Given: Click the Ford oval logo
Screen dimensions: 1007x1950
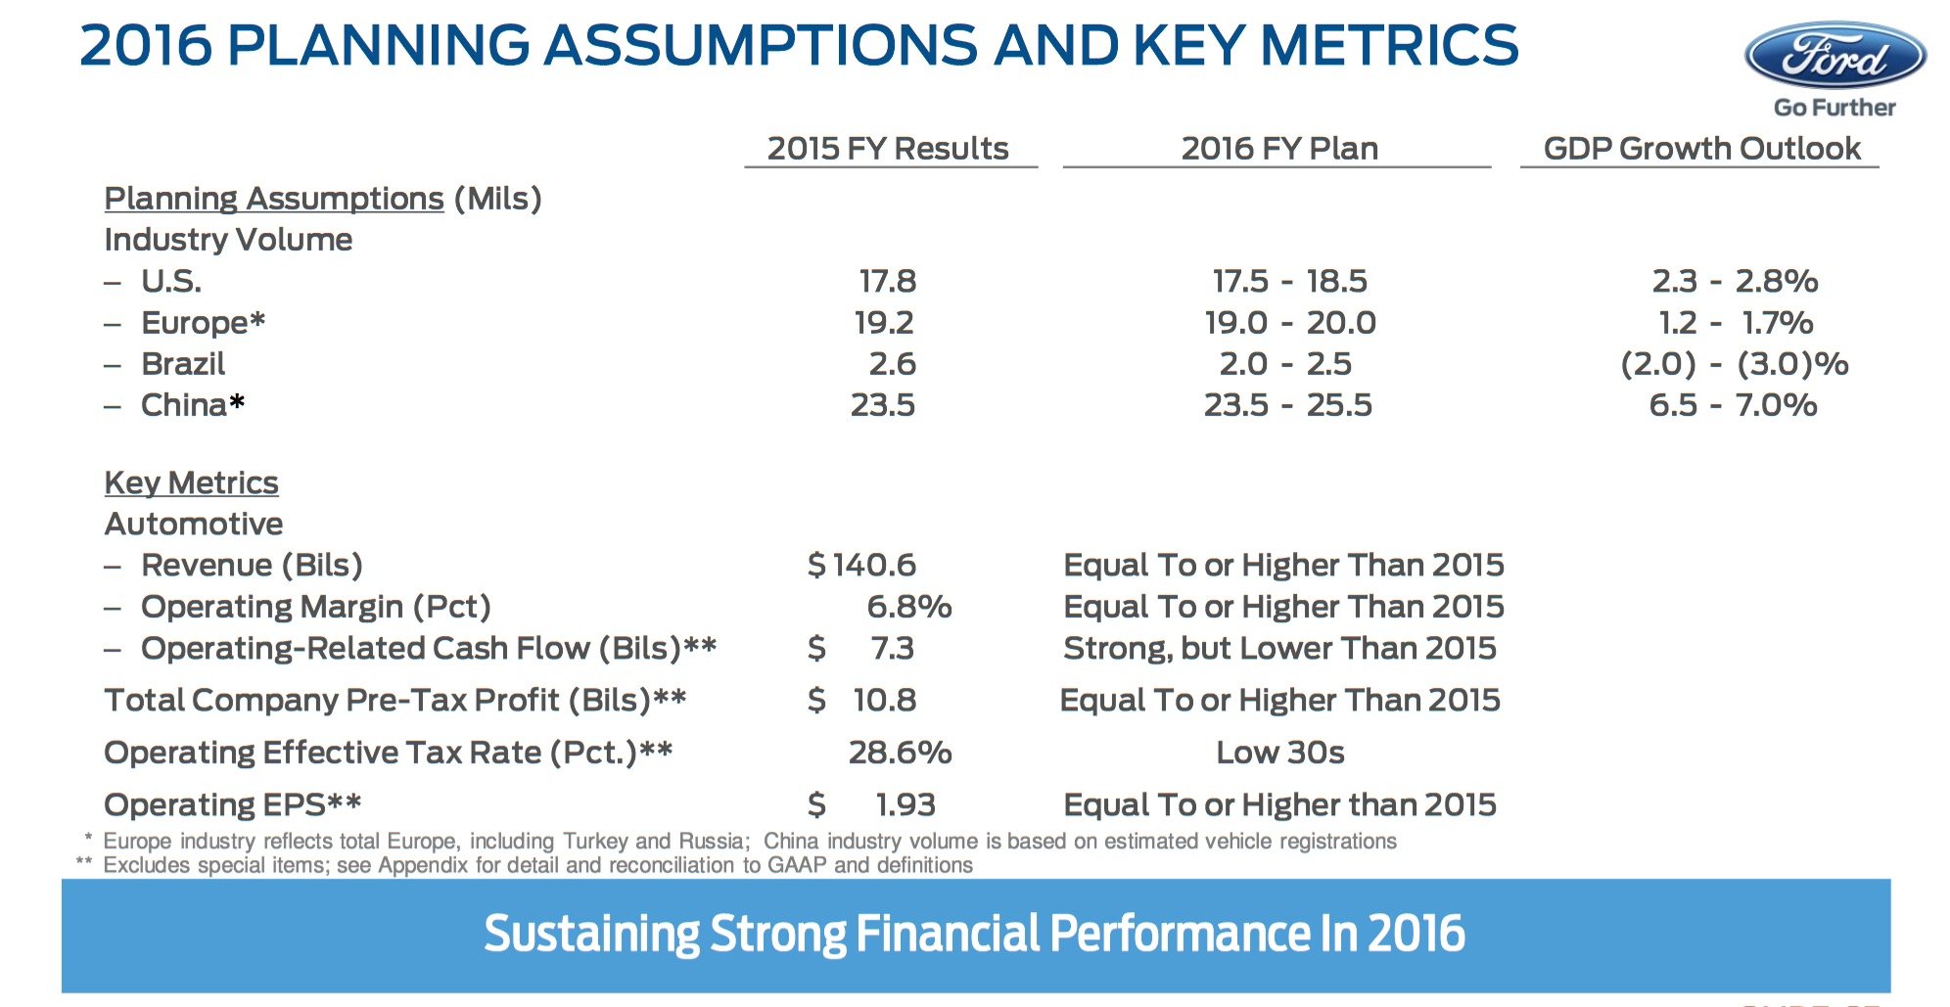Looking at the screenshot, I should (1834, 56).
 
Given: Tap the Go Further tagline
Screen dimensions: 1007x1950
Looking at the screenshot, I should (1834, 108).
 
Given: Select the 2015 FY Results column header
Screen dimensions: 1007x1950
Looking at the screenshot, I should (887, 149).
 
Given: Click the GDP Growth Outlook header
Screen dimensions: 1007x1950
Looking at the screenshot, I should (1701, 149).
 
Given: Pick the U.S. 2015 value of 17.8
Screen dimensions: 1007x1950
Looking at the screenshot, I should (887, 282).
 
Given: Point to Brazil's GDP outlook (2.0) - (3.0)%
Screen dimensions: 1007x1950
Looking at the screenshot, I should (1734, 364).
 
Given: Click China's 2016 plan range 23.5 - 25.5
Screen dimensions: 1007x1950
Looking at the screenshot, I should (1287, 405).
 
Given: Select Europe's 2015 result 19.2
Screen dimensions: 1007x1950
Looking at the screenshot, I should (884, 323).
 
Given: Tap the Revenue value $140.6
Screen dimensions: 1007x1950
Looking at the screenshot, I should (861, 565).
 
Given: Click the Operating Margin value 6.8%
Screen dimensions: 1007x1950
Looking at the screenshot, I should (908, 607).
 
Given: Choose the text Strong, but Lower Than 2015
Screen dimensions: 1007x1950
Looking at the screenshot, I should (1279, 648).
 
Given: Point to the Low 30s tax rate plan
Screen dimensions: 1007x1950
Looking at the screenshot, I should (1279, 753).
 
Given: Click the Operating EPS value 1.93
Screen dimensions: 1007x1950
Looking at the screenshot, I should (905, 804).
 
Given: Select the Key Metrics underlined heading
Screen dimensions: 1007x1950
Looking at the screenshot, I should (191, 482).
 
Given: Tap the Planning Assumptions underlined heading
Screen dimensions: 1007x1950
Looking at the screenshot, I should (274, 199).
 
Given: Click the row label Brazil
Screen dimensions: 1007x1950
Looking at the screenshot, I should (183, 364).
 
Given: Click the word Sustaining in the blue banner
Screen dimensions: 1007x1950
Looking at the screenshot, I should (591, 934).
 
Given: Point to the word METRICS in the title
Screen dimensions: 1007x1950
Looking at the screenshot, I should (1390, 45).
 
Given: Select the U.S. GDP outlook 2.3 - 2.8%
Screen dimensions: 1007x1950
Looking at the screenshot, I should (1734, 282).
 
